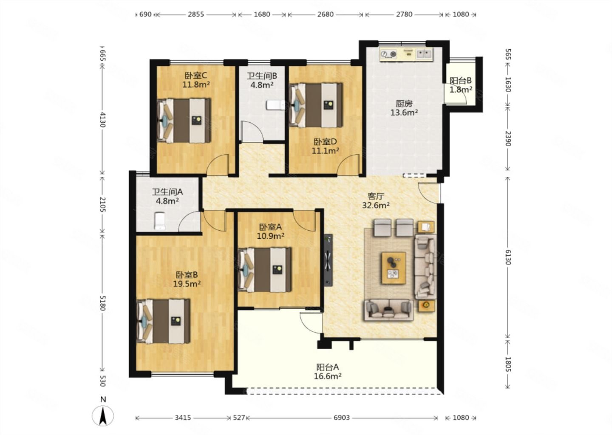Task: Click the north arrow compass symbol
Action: coord(103,415)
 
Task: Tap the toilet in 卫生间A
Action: coord(160,221)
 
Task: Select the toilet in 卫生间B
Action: coord(275,105)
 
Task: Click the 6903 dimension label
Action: coord(342,418)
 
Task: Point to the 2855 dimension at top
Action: coord(195,14)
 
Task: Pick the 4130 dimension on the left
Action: coord(102,120)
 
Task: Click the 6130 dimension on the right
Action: coord(507,257)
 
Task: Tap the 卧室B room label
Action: coord(187,274)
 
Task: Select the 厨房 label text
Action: coord(404,104)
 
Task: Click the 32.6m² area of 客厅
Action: coord(376,205)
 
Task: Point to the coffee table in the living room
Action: coord(394,268)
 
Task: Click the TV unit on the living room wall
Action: coord(328,260)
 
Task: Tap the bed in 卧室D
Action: coord(316,105)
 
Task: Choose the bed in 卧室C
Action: coord(184,120)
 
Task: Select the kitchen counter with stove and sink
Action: coord(406,54)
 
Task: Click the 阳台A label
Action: coord(327,367)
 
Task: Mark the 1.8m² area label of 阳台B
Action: coord(461,90)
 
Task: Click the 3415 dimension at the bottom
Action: coord(183,418)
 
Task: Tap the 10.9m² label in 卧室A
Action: coord(270,236)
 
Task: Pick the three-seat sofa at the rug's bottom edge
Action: coord(388,310)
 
